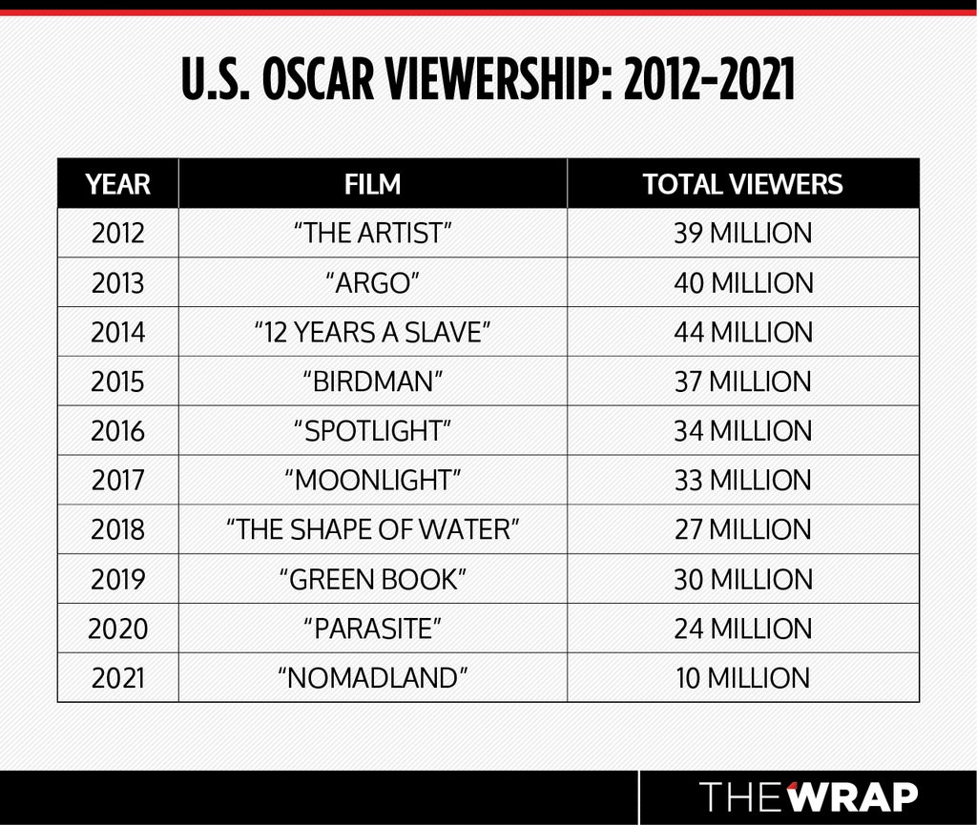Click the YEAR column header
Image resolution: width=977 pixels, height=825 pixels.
tap(117, 184)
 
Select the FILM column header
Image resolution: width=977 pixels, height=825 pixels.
tap(373, 184)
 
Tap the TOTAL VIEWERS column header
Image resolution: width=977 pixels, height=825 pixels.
tap(742, 184)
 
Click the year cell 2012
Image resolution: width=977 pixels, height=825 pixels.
tap(117, 234)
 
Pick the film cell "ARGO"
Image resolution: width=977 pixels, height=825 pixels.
tap(373, 282)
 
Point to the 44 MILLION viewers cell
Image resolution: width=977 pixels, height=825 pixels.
tap(743, 332)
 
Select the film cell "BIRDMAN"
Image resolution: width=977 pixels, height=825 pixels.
tap(373, 382)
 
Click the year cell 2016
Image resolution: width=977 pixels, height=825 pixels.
tap(117, 431)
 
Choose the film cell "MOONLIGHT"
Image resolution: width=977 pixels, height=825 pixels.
tap(373, 480)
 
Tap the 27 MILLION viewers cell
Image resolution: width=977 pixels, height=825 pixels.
tap(743, 529)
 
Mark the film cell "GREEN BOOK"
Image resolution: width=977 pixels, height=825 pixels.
tap(373, 579)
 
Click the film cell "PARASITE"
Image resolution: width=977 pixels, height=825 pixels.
tap(373, 629)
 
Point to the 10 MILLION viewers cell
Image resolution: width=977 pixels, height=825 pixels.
tap(743, 677)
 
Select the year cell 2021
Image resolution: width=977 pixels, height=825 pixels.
tap(117, 677)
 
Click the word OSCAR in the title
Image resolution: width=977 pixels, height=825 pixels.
tap(318, 80)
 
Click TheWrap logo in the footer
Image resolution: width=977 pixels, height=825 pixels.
tap(808, 796)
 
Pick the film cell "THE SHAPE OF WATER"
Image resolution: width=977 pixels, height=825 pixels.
tap(373, 529)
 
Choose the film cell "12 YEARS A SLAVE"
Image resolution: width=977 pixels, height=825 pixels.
tap(373, 332)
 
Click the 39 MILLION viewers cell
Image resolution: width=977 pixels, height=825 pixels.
tap(743, 234)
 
